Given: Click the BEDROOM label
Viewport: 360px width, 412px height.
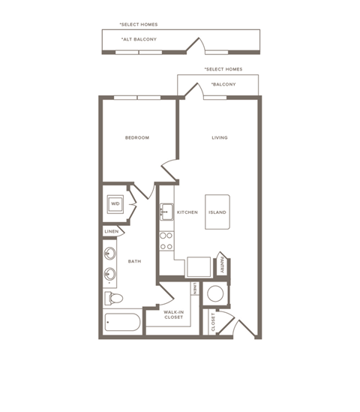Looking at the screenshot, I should click(x=137, y=137).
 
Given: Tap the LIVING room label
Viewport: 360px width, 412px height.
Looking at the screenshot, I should click(x=220, y=137).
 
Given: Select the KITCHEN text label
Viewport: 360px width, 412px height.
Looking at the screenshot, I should click(x=187, y=212).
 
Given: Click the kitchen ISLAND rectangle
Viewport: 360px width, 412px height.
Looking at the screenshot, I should click(x=217, y=212).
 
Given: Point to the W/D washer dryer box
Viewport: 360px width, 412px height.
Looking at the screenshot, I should click(x=115, y=203).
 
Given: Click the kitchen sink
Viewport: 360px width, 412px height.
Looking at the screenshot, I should click(x=166, y=213).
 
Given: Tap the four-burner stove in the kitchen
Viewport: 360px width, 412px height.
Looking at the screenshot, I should click(x=166, y=240).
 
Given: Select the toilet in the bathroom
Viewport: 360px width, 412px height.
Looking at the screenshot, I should click(x=113, y=299).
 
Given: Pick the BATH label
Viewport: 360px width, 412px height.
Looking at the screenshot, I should click(x=134, y=261).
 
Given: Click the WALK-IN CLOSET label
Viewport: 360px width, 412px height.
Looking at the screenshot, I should click(x=173, y=314).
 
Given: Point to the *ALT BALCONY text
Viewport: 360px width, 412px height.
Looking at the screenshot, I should click(x=138, y=39).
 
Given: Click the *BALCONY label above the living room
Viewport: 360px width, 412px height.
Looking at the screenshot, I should click(x=223, y=84).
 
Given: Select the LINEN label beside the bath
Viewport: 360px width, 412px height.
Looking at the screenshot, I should click(x=111, y=231).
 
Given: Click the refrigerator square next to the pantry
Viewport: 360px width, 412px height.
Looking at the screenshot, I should click(x=199, y=266).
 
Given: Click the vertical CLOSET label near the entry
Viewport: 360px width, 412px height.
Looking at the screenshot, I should click(x=213, y=323).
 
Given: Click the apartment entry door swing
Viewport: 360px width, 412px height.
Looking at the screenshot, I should click(x=244, y=326).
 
